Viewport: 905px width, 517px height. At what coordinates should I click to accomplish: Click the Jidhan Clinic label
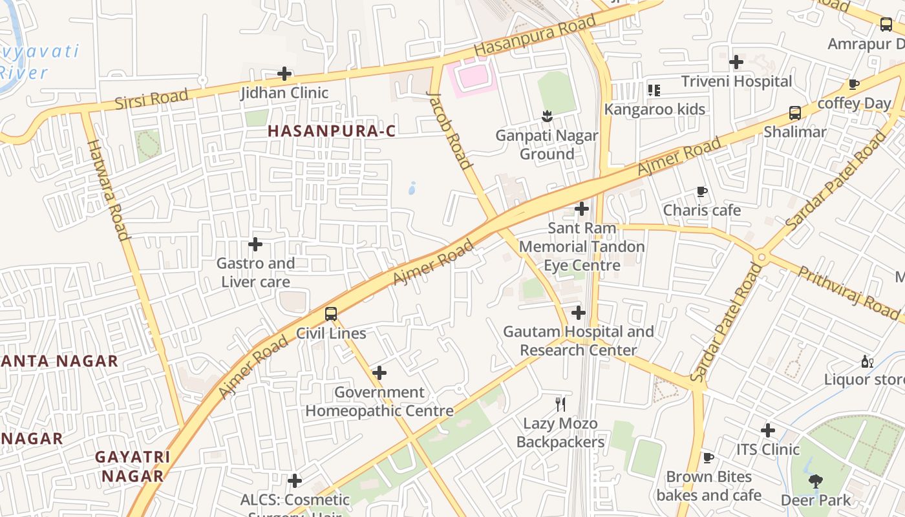pos(284,93)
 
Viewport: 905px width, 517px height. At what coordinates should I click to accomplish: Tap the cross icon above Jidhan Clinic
pos(284,74)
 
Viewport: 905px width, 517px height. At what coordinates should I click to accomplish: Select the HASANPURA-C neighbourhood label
pos(332,131)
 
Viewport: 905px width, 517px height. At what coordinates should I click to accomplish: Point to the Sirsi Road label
pos(152,99)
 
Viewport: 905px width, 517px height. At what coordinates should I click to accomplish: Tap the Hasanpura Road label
pos(535,36)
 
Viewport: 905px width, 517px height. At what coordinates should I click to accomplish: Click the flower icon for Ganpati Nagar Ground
pos(547,116)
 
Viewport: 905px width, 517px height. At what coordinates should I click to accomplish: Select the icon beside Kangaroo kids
pos(654,90)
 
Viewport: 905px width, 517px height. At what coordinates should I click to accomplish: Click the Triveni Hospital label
pos(736,81)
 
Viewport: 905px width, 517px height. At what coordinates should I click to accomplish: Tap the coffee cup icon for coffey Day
pos(854,84)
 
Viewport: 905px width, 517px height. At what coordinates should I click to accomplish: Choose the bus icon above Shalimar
pos(795,113)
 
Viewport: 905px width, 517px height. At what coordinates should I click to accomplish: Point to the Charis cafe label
pos(702,211)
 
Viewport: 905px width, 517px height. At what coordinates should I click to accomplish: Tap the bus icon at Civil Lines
pos(331,314)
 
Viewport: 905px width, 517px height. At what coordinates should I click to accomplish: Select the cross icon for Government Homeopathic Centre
pos(379,373)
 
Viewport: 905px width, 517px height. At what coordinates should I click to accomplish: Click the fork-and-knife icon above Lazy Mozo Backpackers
pos(560,405)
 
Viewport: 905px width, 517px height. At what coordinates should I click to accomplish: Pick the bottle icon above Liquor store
pos(867,361)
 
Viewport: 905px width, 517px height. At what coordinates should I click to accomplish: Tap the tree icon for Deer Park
pos(816,481)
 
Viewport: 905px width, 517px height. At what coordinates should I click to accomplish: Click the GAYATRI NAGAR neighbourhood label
pos(133,467)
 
